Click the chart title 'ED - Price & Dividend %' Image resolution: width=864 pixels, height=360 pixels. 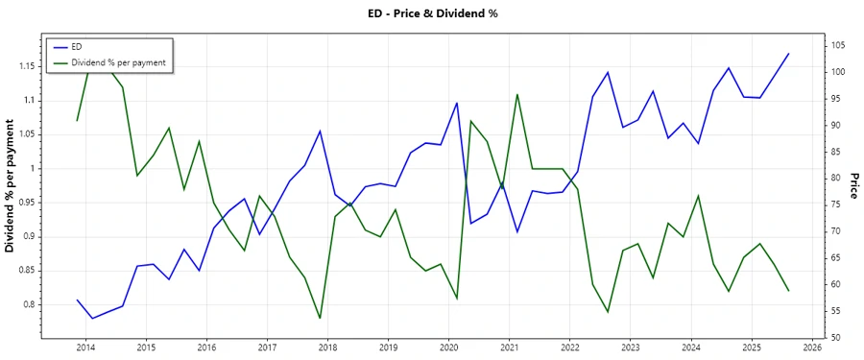pyautogui.click(x=432, y=13)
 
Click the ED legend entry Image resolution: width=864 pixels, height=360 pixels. pyautogui.click(x=78, y=47)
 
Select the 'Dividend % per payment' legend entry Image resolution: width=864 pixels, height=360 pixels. pyautogui.click(x=118, y=62)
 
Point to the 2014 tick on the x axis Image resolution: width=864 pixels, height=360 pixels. pyautogui.click(x=84, y=347)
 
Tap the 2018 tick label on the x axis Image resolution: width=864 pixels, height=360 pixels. pyautogui.click(x=327, y=347)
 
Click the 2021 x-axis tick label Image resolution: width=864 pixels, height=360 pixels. pyautogui.click(x=509, y=347)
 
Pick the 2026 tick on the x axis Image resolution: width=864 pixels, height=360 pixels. pyautogui.click(x=812, y=347)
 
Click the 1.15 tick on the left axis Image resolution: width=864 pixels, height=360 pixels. pyautogui.click(x=27, y=66)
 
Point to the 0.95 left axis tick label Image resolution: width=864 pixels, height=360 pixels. pyautogui.click(x=27, y=203)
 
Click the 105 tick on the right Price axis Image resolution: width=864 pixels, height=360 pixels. pyautogui.click(x=835, y=46)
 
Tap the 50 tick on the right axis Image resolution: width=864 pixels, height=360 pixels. pyautogui.click(x=832, y=338)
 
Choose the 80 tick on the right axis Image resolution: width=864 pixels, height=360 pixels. pyautogui.click(x=832, y=179)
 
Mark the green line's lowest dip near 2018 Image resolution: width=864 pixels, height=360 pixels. pyautogui.click(x=320, y=318)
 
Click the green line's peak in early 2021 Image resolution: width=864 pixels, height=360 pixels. pyautogui.click(x=517, y=94)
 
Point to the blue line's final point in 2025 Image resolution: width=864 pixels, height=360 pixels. pyautogui.click(x=788, y=54)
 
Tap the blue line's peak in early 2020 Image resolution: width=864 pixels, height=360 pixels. pyautogui.click(x=456, y=103)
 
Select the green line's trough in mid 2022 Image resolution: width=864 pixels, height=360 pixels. pyautogui.click(x=608, y=312)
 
